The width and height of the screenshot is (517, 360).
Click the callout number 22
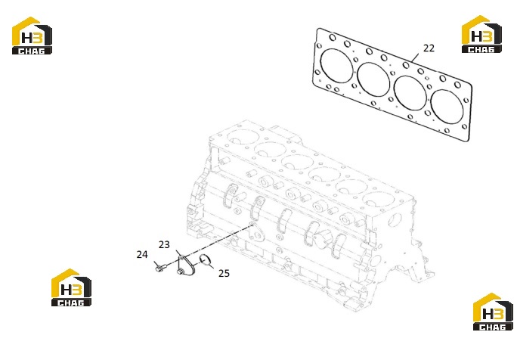[x=429, y=48]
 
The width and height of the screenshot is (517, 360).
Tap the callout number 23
[x=164, y=244]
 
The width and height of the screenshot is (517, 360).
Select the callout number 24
[x=142, y=254]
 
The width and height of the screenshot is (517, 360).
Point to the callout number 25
[x=224, y=273]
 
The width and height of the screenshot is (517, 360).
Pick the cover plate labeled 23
[x=186, y=266]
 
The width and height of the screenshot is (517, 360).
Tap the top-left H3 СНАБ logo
[x=32, y=36]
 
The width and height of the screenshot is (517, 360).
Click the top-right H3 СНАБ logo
[x=481, y=34]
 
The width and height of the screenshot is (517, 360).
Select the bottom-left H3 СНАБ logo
[x=71, y=287]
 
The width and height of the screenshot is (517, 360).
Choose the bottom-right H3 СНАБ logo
[x=493, y=312]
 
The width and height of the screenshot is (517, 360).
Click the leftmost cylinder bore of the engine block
[x=243, y=137]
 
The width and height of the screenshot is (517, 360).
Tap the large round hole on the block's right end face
[x=395, y=220]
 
